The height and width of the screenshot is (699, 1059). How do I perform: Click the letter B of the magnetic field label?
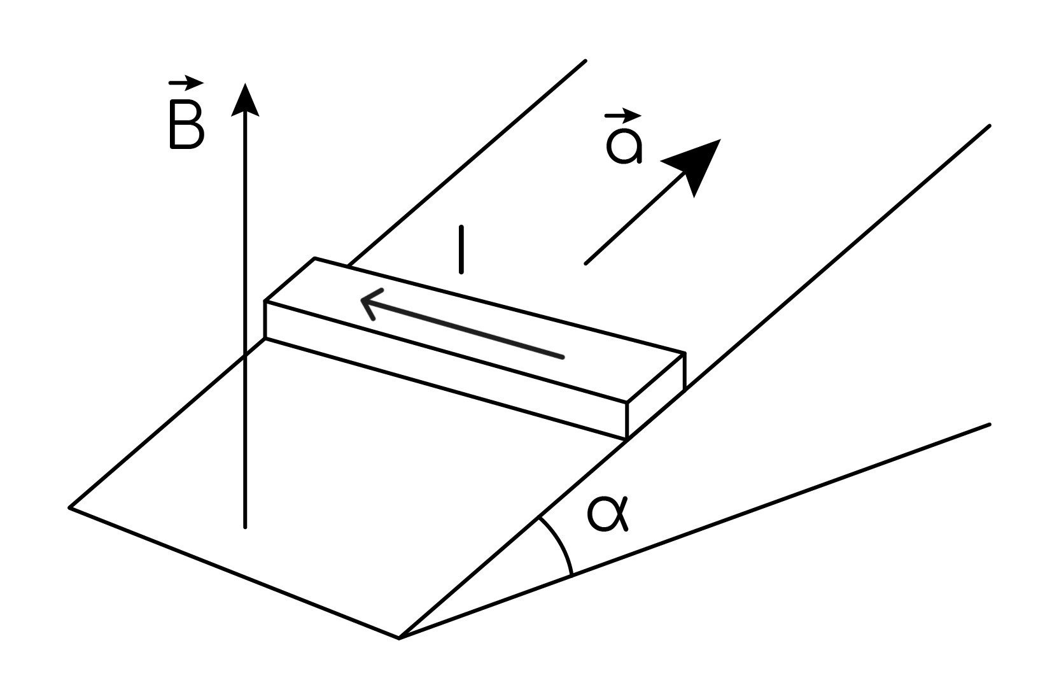tap(186, 124)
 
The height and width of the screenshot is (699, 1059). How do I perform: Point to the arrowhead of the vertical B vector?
tap(245, 99)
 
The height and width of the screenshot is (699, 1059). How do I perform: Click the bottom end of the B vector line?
tap(245, 527)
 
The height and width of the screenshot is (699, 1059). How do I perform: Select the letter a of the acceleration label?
tap(624, 146)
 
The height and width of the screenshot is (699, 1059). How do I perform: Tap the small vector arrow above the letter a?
tap(623, 115)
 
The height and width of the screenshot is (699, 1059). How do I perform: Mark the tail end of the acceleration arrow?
tap(586, 264)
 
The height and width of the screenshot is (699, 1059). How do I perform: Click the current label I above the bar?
tap(461, 250)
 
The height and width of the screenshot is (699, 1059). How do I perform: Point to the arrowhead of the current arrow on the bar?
tap(371, 302)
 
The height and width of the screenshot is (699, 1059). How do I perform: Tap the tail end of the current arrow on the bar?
tap(563, 357)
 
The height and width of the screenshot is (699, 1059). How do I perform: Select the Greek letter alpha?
tap(608, 514)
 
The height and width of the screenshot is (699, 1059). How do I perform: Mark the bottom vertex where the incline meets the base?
tap(400, 639)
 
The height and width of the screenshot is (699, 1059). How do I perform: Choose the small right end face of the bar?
tap(656, 397)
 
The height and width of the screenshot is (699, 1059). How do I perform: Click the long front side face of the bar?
tap(446, 370)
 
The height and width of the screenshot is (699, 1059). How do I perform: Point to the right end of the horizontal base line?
tap(990, 424)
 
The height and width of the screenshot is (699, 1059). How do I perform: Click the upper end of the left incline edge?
tap(586, 60)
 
